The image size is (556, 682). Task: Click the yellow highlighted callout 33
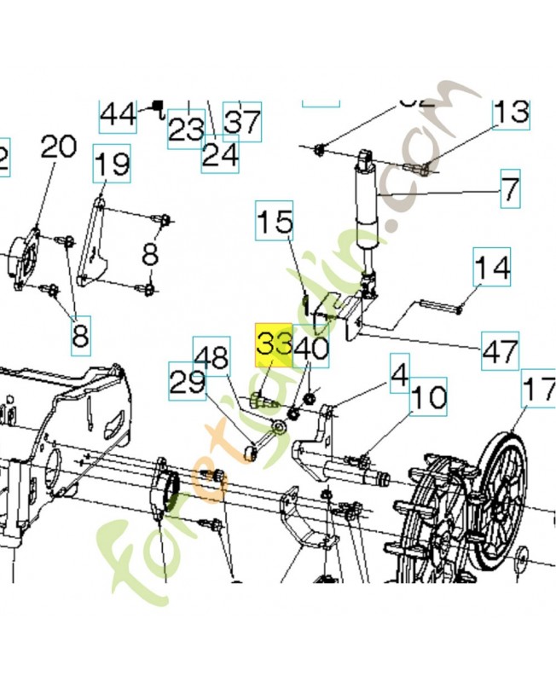(x=275, y=344)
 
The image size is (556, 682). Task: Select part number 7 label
(x=509, y=188)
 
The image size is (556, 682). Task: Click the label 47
(x=500, y=350)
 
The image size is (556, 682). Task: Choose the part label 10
(x=429, y=397)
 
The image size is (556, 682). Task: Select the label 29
(x=186, y=380)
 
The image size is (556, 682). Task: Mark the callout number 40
(x=311, y=348)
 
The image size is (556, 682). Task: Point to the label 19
(x=112, y=162)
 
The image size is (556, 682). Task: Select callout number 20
(x=59, y=147)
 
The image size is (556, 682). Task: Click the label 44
(x=118, y=113)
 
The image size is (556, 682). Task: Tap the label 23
(x=185, y=130)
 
